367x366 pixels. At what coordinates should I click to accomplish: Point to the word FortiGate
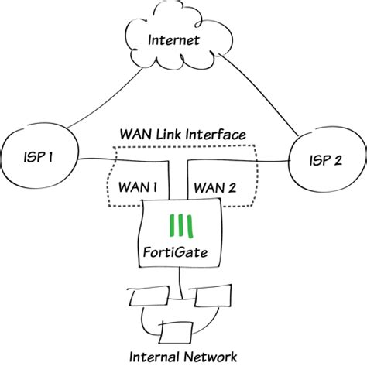tap(181, 251)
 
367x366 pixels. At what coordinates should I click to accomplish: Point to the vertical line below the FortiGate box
tap(181, 283)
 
